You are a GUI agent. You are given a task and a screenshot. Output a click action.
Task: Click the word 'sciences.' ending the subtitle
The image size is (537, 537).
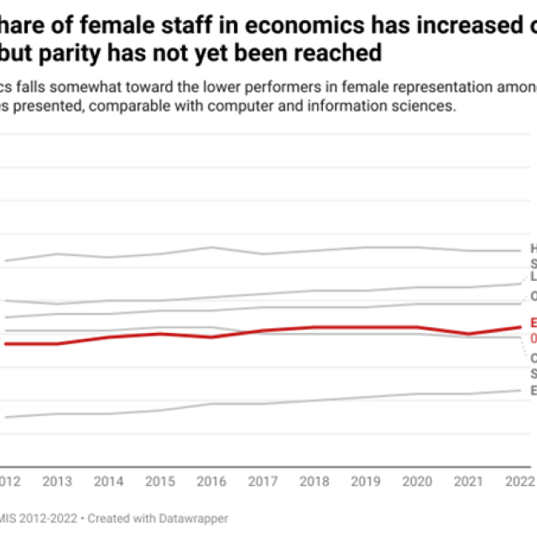[x=422, y=107]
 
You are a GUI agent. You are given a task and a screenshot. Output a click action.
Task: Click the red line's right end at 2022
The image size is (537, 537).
[x=520, y=327]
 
